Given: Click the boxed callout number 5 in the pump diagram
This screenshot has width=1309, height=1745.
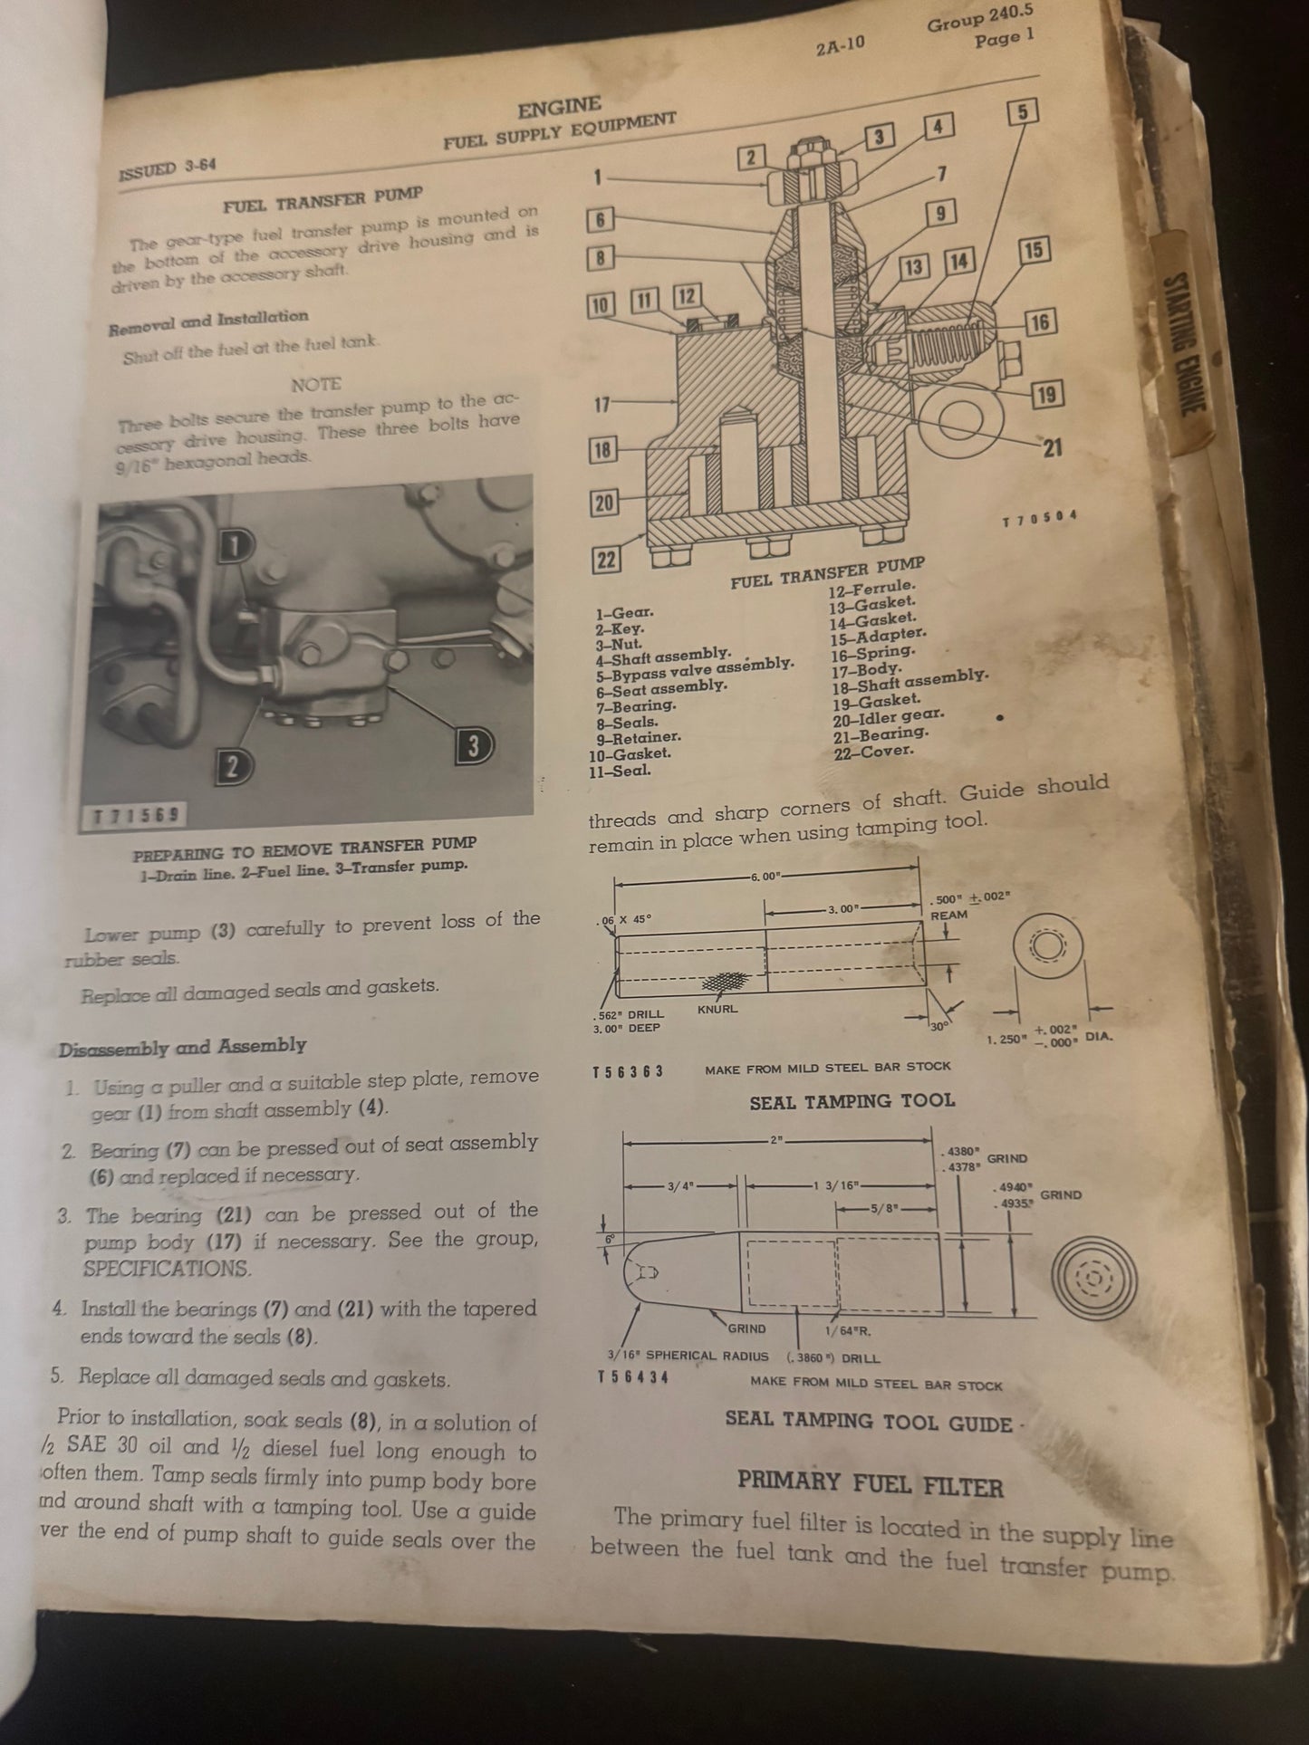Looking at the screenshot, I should [x=1022, y=112].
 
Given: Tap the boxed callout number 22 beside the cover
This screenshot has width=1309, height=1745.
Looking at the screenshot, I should [x=606, y=561].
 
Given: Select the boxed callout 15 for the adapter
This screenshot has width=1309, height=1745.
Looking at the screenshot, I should [x=1034, y=250].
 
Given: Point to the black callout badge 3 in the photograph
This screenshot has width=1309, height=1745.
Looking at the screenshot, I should [x=471, y=744].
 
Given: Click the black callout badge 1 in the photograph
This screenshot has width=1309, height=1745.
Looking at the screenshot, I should [x=234, y=544].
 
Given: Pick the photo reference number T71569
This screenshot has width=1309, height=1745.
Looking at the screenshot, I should [x=139, y=815].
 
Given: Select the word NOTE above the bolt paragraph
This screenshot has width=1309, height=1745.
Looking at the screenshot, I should [x=316, y=385].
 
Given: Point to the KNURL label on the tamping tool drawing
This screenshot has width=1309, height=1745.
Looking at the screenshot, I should [x=717, y=1008].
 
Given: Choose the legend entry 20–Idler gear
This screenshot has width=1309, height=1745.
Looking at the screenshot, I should [x=878, y=716].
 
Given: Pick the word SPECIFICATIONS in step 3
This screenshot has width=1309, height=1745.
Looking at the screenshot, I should [x=167, y=1269].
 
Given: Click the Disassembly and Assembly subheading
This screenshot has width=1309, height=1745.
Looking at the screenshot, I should [x=182, y=1048].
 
